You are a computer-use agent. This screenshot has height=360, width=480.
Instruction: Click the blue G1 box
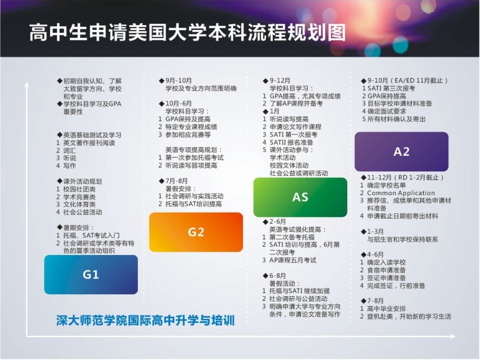[91, 274]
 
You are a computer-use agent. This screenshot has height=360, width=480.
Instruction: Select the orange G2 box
[196, 232]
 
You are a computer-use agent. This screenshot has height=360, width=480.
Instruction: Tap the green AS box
[300, 197]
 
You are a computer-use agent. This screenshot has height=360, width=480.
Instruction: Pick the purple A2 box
[401, 152]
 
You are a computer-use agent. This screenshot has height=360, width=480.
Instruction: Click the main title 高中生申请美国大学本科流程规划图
[187, 32]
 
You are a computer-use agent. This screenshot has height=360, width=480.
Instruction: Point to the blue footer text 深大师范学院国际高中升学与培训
[146, 321]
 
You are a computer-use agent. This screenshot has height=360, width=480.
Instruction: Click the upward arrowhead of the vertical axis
[27, 84]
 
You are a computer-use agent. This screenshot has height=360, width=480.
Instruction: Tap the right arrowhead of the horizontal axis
[452, 337]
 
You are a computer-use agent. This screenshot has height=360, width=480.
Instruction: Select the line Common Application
[401, 193]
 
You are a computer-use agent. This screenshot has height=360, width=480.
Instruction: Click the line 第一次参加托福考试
[194, 158]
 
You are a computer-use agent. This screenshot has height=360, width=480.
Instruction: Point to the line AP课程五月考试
[293, 260]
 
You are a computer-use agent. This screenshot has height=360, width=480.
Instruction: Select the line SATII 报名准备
[292, 142]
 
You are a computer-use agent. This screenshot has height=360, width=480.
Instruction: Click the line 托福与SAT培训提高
[194, 203]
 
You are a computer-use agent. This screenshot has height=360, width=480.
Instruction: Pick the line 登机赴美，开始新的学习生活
[409, 316]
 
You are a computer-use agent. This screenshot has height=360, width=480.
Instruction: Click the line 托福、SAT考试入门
[91, 235]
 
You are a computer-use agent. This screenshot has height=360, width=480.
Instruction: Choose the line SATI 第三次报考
[391, 88]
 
